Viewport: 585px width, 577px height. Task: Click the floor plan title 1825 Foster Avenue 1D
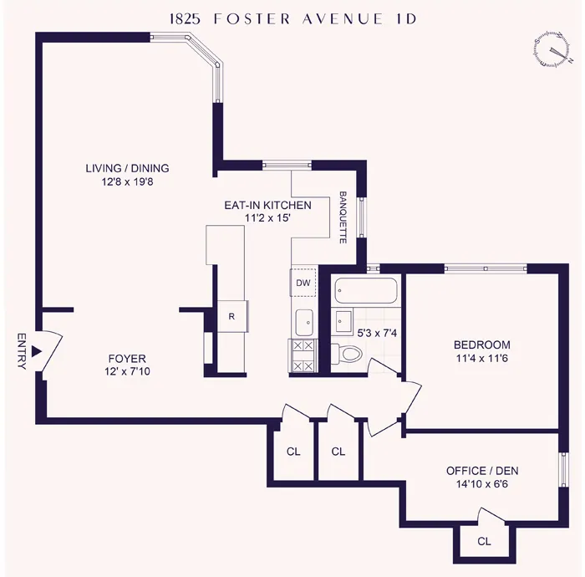pos(292,17)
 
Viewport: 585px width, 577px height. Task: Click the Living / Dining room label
pos(127,168)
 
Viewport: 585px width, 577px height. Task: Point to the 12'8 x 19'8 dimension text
pos(127,181)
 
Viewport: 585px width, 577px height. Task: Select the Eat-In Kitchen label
pos(267,205)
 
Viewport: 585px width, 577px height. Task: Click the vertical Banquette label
pos(343,217)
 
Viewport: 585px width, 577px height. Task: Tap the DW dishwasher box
pos(303,283)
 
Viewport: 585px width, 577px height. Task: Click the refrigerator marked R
pos(231,316)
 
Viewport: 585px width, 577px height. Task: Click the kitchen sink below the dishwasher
pos(303,319)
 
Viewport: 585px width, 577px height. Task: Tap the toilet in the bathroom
pos(347,352)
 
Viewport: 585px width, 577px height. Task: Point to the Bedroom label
pos(481,345)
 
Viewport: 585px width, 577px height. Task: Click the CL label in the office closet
pos(484,541)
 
